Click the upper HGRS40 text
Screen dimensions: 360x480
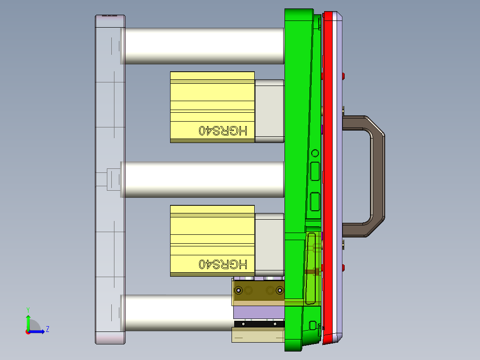pos(223,131)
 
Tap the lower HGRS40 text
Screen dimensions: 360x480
pos(223,264)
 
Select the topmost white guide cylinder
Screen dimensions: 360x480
pos(204,46)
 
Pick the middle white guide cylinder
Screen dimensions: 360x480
pos(204,180)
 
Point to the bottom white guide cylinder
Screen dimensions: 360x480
pos(178,312)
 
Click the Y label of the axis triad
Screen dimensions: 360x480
pos(28,309)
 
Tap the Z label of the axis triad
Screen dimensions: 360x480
pos(47,329)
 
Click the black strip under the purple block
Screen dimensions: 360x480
pos(258,324)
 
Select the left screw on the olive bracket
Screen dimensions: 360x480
pos(239,290)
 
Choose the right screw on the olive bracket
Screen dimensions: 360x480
pos(280,290)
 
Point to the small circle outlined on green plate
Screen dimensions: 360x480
pos(315,153)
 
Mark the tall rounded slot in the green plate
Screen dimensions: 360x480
pos(311,267)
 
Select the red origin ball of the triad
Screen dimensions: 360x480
pos(28,331)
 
